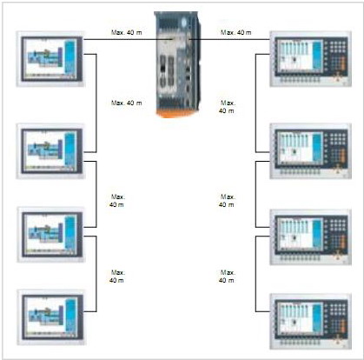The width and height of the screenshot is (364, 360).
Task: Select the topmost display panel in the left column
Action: (x=50, y=59)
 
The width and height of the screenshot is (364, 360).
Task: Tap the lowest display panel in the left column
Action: (x=51, y=317)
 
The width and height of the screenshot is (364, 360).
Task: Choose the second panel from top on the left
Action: (x=50, y=151)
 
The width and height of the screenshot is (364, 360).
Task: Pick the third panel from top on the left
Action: (x=51, y=235)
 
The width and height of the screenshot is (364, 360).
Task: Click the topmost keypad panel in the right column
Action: (x=311, y=59)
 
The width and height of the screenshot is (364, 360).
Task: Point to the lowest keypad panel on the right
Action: (x=311, y=322)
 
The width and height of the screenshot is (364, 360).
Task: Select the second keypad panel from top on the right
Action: (x=311, y=151)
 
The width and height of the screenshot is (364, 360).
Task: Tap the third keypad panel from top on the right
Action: (x=311, y=237)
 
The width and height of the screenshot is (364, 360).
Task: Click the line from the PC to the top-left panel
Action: (x=128, y=39)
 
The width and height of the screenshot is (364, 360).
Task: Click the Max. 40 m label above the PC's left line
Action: (x=127, y=32)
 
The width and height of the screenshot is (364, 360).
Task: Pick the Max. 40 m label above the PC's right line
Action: (x=236, y=32)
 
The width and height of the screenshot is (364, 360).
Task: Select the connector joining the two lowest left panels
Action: (x=96, y=274)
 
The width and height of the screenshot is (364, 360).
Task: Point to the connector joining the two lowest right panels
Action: (x=256, y=274)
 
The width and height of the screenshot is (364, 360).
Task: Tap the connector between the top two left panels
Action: (x=96, y=103)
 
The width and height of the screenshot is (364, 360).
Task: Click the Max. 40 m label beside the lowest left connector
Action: (x=117, y=277)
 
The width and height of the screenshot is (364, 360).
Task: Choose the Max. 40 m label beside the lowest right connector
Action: (x=227, y=277)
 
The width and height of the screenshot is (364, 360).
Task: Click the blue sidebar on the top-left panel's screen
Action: (x=69, y=57)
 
